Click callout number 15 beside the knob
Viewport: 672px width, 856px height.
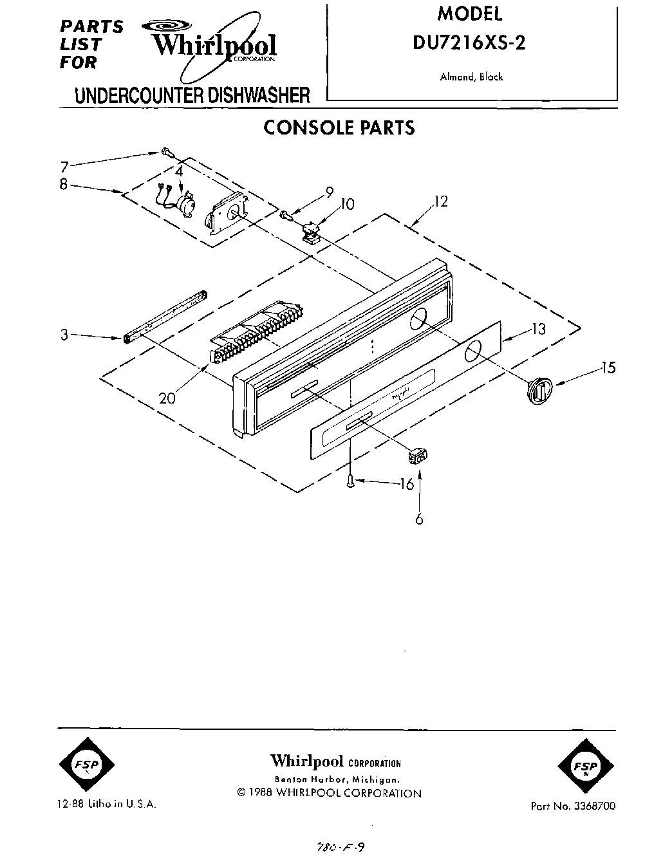pyautogui.click(x=608, y=368)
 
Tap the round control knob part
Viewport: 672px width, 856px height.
pyautogui.click(x=538, y=391)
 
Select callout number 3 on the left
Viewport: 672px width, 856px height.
pyautogui.click(x=64, y=335)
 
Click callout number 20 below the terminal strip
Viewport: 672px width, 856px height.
pyautogui.click(x=167, y=398)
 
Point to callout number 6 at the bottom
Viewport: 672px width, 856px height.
pyautogui.click(x=419, y=519)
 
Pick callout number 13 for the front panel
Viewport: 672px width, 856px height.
pyautogui.click(x=538, y=329)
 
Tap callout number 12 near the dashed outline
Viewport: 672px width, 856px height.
pyautogui.click(x=440, y=201)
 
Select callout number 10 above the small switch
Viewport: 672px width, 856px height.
pyautogui.click(x=347, y=204)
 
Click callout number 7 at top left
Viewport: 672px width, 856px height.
pyautogui.click(x=64, y=165)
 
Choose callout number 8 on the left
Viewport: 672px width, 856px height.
pyautogui.click(x=63, y=184)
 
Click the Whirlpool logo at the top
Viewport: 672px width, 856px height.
pyautogui.click(x=212, y=43)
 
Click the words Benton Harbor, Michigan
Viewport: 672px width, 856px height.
pyautogui.click(x=335, y=779)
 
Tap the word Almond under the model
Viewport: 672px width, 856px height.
pyautogui.click(x=456, y=77)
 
